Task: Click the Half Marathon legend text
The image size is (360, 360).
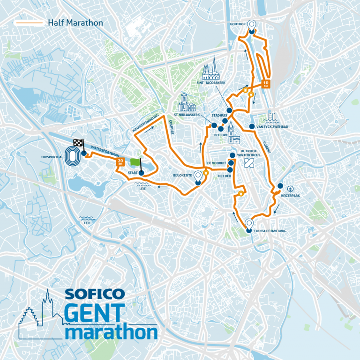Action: coord(75,22)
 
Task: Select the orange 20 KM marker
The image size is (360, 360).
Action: coord(120,162)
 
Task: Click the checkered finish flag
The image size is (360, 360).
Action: coord(78,143)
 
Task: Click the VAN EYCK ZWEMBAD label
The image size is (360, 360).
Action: coord(273,126)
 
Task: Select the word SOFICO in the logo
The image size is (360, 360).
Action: coord(94,294)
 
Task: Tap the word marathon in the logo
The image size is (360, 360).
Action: coord(111,332)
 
